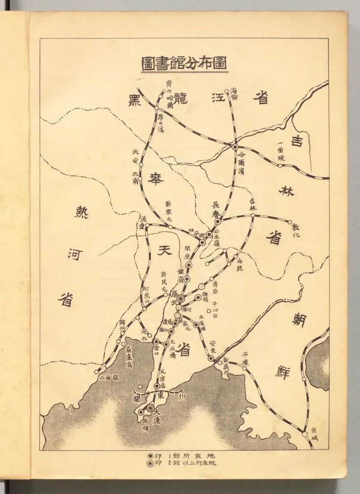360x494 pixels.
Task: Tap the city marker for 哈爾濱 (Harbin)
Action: coord(235,147)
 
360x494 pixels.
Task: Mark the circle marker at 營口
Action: coord(156,341)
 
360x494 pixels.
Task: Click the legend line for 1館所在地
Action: coord(183,456)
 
